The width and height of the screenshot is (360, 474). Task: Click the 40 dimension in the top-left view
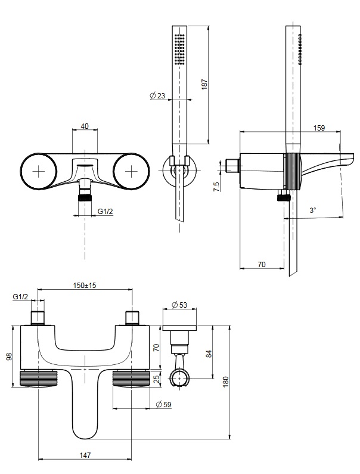(84, 126)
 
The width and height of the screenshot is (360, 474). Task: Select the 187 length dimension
(204, 85)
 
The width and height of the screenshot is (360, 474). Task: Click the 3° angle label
(313, 210)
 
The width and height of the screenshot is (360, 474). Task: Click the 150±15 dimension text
(85, 286)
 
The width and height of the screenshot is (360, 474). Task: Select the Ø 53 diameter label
(179, 305)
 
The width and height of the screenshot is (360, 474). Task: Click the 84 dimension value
(208, 354)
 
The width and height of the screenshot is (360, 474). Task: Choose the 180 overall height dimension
(225, 382)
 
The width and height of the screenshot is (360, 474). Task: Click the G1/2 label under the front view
(105, 211)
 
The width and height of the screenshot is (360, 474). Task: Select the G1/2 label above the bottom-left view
(20, 296)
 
